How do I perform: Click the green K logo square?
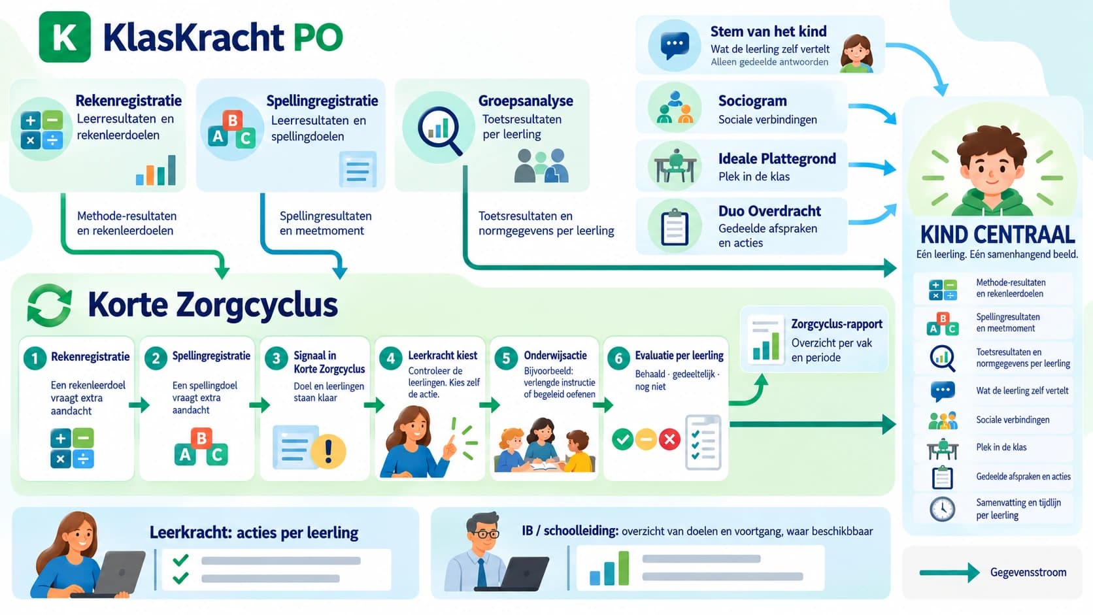65,37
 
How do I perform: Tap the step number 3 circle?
276,358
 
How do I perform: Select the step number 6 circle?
618,358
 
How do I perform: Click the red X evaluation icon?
669,439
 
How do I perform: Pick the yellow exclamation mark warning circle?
328,452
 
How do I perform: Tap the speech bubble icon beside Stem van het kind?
675,45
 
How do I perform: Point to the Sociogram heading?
752,101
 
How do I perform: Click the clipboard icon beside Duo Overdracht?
675,227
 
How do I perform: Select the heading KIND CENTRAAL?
998,235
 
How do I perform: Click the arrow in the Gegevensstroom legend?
950,573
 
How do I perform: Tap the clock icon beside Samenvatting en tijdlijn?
942,509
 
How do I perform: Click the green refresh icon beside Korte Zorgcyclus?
49,305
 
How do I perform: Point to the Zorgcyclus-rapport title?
837,324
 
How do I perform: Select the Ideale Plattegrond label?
777,159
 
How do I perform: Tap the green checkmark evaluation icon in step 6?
622,439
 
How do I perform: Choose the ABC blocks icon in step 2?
201,447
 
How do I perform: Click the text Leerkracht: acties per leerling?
254,533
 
